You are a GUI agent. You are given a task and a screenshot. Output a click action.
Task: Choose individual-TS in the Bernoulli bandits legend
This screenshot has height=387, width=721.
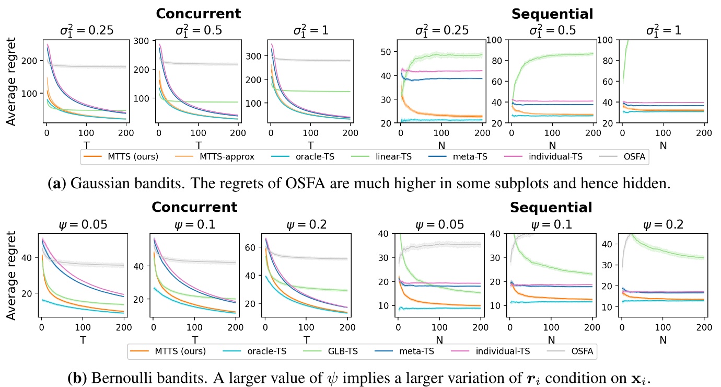501,351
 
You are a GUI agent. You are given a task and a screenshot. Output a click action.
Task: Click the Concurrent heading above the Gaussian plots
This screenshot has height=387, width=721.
198,14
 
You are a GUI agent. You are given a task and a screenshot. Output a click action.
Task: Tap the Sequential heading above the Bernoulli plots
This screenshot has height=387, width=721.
551,208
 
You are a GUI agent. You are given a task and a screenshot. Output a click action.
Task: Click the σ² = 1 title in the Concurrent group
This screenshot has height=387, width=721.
310,30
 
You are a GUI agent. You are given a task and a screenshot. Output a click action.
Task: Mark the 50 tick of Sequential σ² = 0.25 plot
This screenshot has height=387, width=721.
387,51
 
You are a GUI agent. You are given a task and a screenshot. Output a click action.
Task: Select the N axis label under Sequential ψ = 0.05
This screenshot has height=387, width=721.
439,340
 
